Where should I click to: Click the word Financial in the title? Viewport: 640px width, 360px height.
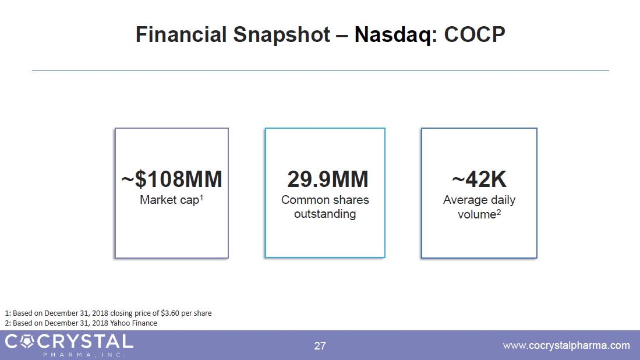pyautogui.click(x=181, y=34)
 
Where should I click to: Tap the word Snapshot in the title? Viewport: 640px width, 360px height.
pyautogui.click(x=282, y=35)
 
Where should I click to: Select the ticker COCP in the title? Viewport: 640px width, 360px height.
pyautogui.click(x=475, y=34)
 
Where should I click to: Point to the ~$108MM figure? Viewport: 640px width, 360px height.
pyautogui.click(x=172, y=179)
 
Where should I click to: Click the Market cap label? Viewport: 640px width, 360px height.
pyautogui.click(x=169, y=200)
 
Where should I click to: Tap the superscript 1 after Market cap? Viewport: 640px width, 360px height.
pyautogui.click(x=201, y=197)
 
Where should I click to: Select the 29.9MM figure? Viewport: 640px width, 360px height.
pyautogui.click(x=328, y=179)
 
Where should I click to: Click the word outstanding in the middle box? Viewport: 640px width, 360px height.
pyautogui.click(x=325, y=214)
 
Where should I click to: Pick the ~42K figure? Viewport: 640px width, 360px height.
pyautogui.click(x=479, y=179)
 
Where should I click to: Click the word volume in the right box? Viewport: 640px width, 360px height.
pyautogui.click(x=477, y=214)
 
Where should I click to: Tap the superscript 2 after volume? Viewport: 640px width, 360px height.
pyautogui.click(x=498, y=212)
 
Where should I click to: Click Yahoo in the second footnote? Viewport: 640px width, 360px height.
pyautogui.click(x=119, y=323)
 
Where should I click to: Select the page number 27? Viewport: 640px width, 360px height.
pyautogui.click(x=320, y=346)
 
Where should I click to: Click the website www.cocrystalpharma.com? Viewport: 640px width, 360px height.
pyautogui.click(x=567, y=345)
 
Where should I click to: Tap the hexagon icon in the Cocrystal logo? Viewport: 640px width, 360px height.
pyautogui.click(x=27, y=341)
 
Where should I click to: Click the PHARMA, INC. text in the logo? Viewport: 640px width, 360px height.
pyautogui.click(x=84, y=355)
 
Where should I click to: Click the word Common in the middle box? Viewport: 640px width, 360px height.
pyautogui.click(x=305, y=200)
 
